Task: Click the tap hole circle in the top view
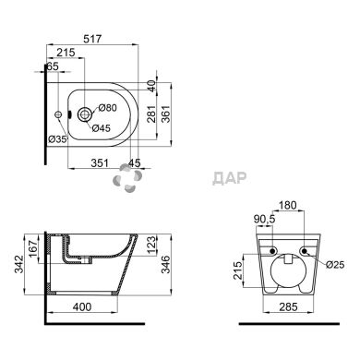click(x=85, y=114)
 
